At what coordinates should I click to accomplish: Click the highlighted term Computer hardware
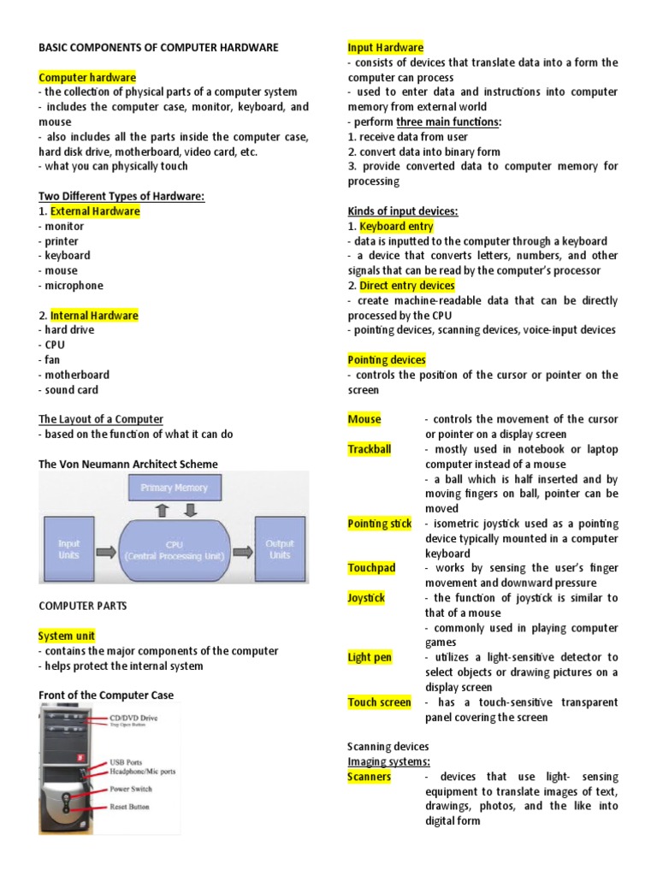click(x=87, y=77)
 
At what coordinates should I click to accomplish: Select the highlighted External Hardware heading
click(x=95, y=211)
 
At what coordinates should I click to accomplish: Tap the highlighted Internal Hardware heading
click(x=94, y=316)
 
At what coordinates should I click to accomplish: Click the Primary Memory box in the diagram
click(x=174, y=488)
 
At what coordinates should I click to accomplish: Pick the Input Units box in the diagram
click(x=68, y=548)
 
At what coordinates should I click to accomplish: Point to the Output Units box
click(x=279, y=548)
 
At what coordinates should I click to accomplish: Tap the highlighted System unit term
click(x=67, y=636)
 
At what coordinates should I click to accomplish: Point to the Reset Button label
click(x=130, y=807)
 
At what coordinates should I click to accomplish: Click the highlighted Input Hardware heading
click(x=385, y=47)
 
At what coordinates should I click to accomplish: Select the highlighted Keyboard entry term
click(x=396, y=227)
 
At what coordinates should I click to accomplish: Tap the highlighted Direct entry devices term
click(x=407, y=286)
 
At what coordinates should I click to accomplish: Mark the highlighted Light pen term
click(x=370, y=657)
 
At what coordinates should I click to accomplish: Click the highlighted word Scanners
click(x=369, y=777)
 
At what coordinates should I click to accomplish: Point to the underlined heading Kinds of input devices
click(x=402, y=211)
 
